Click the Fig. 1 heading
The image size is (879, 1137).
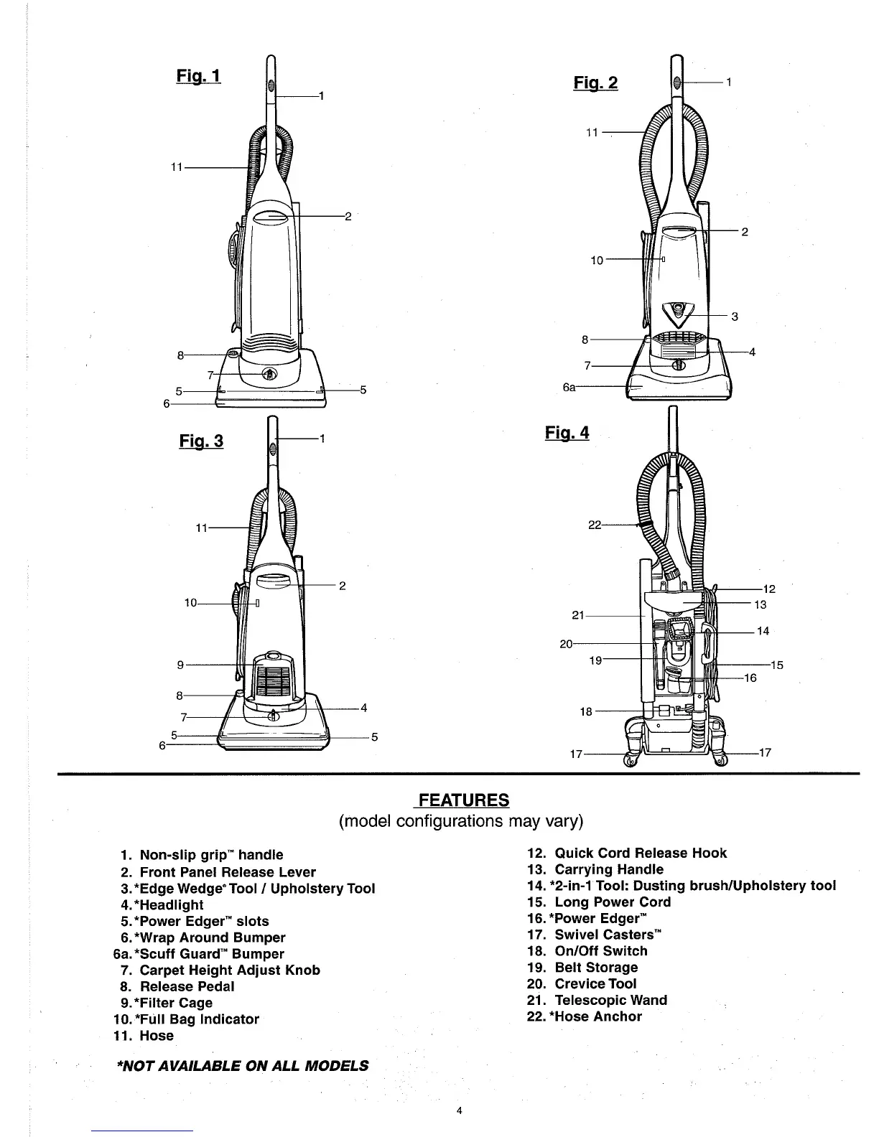click(x=198, y=76)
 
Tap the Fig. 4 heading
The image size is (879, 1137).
click(x=567, y=433)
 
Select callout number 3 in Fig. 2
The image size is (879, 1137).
click(x=735, y=317)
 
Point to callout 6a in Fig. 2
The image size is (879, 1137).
click(x=569, y=387)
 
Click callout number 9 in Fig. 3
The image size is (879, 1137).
click(x=180, y=665)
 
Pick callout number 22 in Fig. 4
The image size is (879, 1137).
click(x=595, y=525)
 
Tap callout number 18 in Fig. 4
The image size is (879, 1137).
click(x=586, y=711)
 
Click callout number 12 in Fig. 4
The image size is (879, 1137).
click(x=768, y=589)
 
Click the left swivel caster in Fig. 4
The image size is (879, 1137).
click(x=631, y=760)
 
